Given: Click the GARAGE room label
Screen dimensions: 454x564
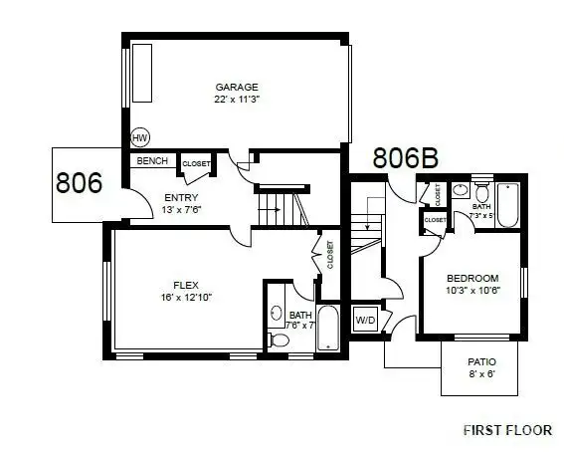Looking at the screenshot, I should pyautogui.click(x=237, y=87).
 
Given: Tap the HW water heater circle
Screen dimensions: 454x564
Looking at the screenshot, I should pyautogui.click(x=138, y=139).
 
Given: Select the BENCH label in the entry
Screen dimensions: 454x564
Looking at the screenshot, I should pyautogui.click(x=151, y=161).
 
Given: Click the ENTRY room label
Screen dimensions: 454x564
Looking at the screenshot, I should pyautogui.click(x=181, y=197).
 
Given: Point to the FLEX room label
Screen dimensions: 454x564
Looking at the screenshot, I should pyautogui.click(x=186, y=284).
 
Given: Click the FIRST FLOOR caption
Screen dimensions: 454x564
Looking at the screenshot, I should pyautogui.click(x=507, y=430).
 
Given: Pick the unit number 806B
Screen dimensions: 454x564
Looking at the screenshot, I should pyautogui.click(x=406, y=158).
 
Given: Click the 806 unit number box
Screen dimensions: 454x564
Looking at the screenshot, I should pyautogui.click(x=79, y=183).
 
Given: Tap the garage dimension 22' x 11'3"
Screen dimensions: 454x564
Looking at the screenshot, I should pyautogui.click(x=237, y=100).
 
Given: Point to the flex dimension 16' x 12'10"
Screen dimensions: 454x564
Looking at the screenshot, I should pyautogui.click(x=186, y=297).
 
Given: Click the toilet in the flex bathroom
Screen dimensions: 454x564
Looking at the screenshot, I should pyautogui.click(x=279, y=340).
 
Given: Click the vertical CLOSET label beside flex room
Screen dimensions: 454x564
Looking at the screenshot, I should pyautogui.click(x=329, y=255).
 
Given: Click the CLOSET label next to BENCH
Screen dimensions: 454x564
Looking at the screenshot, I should pyautogui.click(x=196, y=163).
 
